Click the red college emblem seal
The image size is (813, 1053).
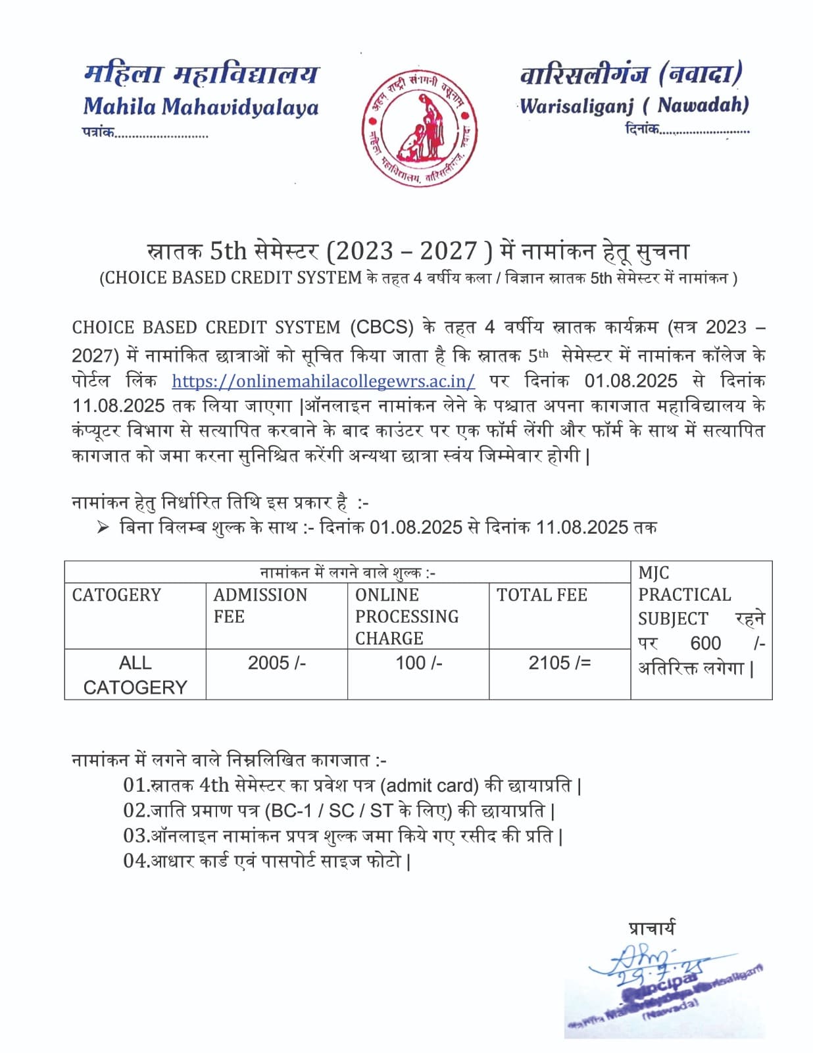point(419,128)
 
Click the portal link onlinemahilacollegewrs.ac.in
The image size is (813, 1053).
point(323,381)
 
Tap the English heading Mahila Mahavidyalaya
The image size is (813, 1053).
point(201,107)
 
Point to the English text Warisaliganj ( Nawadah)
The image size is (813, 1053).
point(633,105)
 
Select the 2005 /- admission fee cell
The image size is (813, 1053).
point(276,663)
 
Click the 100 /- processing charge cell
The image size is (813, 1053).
point(418,663)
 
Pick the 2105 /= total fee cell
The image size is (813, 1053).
point(559,663)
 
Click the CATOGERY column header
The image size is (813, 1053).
point(116,595)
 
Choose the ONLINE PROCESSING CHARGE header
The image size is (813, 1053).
point(406,616)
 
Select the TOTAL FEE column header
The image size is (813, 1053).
point(541,595)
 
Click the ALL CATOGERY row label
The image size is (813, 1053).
point(135,675)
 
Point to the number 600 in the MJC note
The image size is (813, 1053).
point(705,643)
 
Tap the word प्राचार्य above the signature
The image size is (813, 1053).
point(651,929)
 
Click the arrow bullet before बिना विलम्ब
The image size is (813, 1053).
point(103,527)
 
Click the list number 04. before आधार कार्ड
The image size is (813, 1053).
point(136,861)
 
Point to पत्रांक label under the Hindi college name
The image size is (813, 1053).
point(98,132)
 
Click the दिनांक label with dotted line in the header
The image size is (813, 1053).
point(642,129)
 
